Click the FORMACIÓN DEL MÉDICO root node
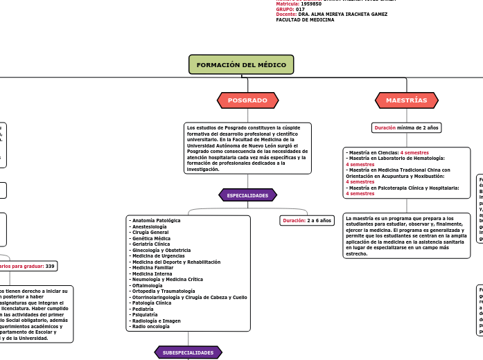241,64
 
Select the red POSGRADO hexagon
247,100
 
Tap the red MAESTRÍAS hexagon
406,100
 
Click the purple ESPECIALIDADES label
247,195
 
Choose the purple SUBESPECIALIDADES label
188,352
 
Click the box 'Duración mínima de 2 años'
406,127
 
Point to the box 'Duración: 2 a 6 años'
308,220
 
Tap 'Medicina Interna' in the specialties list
152,273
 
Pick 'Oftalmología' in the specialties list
148,285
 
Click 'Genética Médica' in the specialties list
150,238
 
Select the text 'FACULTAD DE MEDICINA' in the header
305,20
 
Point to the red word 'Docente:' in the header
286,15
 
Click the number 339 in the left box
50,266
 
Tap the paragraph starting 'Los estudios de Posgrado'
247,148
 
